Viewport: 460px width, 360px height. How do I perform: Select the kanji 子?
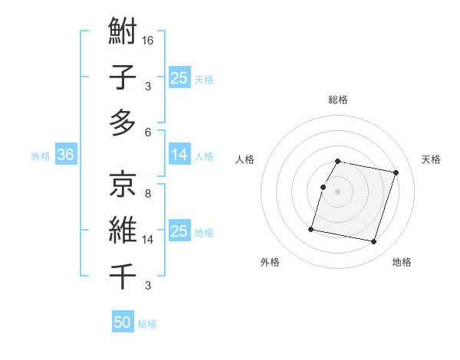[x=123, y=78]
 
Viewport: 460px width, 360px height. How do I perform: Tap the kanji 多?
[x=123, y=123]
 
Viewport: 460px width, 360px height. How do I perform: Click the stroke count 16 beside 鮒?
[x=149, y=40]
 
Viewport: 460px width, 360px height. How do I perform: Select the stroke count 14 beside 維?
[x=149, y=240]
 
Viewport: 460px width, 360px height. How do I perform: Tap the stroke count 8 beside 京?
[x=147, y=193]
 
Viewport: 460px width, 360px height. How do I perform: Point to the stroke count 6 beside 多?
[x=147, y=132]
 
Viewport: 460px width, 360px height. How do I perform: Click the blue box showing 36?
[x=66, y=155]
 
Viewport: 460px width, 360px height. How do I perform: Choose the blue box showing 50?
[x=123, y=322]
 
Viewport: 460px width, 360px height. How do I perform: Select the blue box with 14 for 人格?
[x=179, y=155]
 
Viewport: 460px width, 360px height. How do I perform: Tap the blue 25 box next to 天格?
[x=179, y=77]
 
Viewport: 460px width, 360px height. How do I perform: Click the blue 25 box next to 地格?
[x=179, y=231]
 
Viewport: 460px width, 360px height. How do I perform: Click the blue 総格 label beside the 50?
[x=147, y=324]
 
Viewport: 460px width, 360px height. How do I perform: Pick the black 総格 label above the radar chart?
[x=338, y=100]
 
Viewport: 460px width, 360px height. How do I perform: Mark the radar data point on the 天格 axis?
[x=396, y=173]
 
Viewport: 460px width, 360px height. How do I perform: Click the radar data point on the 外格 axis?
[x=311, y=228]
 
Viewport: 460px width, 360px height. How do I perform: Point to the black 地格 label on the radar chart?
[x=402, y=262]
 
